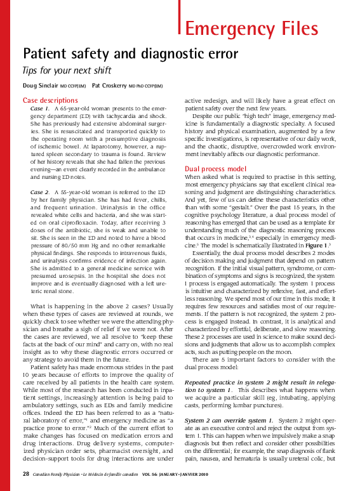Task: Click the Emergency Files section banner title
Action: coord(251,29)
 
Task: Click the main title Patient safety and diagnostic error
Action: coord(130,53)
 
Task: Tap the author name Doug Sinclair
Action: coord(41,86)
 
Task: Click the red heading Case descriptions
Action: coord(50,100)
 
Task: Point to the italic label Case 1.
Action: coord(40,109)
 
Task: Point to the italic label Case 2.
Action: coord(40,191)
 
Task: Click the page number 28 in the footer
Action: coord(26,474)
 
